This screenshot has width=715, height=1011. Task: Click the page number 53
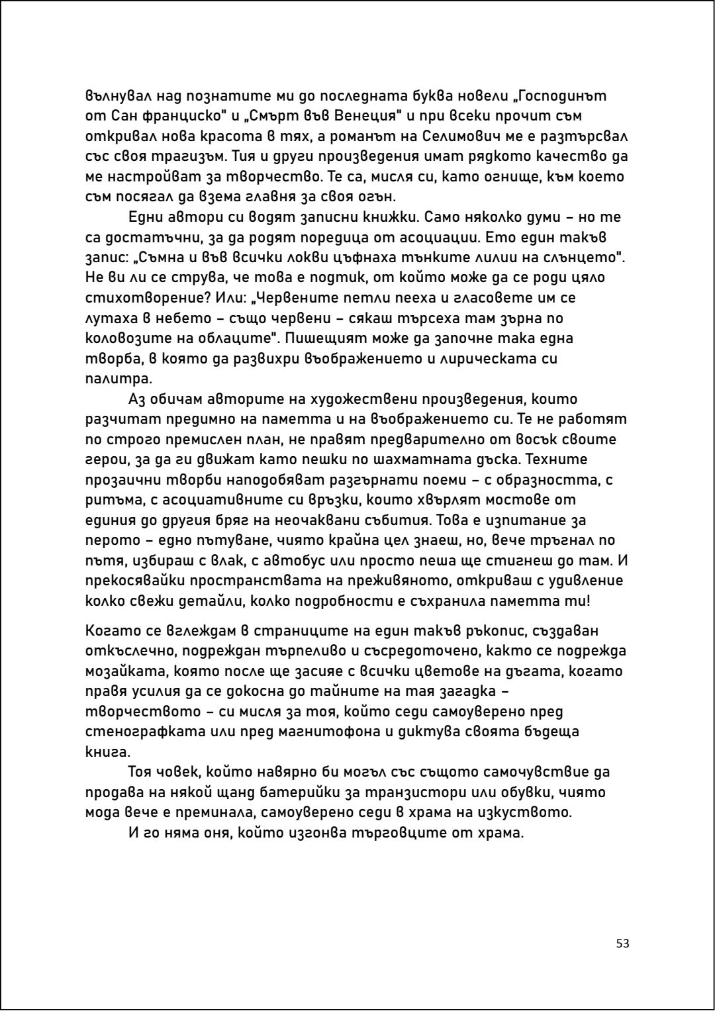tap(622, 943)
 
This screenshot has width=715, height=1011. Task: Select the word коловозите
tap(136, 338)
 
